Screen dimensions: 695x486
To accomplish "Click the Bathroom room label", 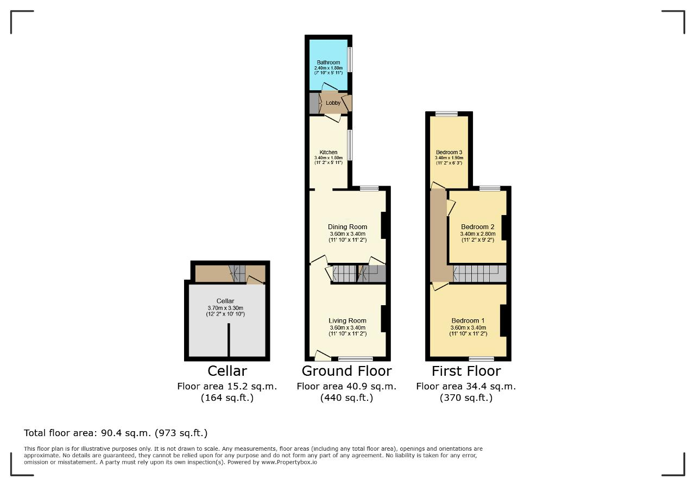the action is [328, 62].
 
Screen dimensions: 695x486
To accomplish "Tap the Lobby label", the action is [333, 103].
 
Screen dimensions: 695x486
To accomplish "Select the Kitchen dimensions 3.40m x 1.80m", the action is [328, 157].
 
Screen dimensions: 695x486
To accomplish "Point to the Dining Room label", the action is [347, 227].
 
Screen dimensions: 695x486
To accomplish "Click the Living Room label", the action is [347, 320].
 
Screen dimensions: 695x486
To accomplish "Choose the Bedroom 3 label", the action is [449, 153].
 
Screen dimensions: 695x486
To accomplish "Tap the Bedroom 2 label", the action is [477, 227].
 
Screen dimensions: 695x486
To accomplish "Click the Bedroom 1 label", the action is [468, 320].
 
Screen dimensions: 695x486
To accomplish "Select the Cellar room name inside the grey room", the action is [225, 301].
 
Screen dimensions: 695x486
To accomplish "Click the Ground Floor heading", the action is [346, 371].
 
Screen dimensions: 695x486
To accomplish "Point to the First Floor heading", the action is [466, 371].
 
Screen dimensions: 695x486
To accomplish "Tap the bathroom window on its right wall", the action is [350, 60].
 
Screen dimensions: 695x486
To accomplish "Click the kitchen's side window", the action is [350, 145].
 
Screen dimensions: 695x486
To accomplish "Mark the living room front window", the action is [356, 359].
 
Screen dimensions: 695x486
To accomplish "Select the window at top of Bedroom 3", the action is [446, 114].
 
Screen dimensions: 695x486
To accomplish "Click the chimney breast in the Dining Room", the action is [384, 225].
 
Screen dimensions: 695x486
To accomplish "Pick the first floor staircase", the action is [479, 274].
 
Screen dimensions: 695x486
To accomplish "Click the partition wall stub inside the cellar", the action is [229, 340].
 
